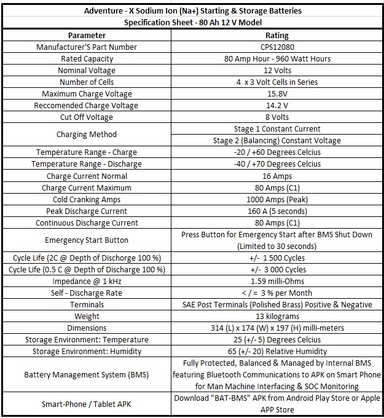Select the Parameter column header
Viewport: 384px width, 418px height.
tap(87, 36)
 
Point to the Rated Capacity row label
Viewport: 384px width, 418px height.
tap(87, 59)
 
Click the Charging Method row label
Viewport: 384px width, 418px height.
tap(87, 135)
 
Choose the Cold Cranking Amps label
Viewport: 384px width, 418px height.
tap(87, 200)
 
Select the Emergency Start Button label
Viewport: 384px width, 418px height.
tap(87, 240)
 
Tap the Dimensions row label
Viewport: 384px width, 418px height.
tap(87, 328)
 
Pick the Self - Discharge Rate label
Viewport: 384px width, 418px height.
tap(87, 293)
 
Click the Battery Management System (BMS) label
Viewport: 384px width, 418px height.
tap(87, 374)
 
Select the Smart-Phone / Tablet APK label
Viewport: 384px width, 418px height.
tap(87, 404)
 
